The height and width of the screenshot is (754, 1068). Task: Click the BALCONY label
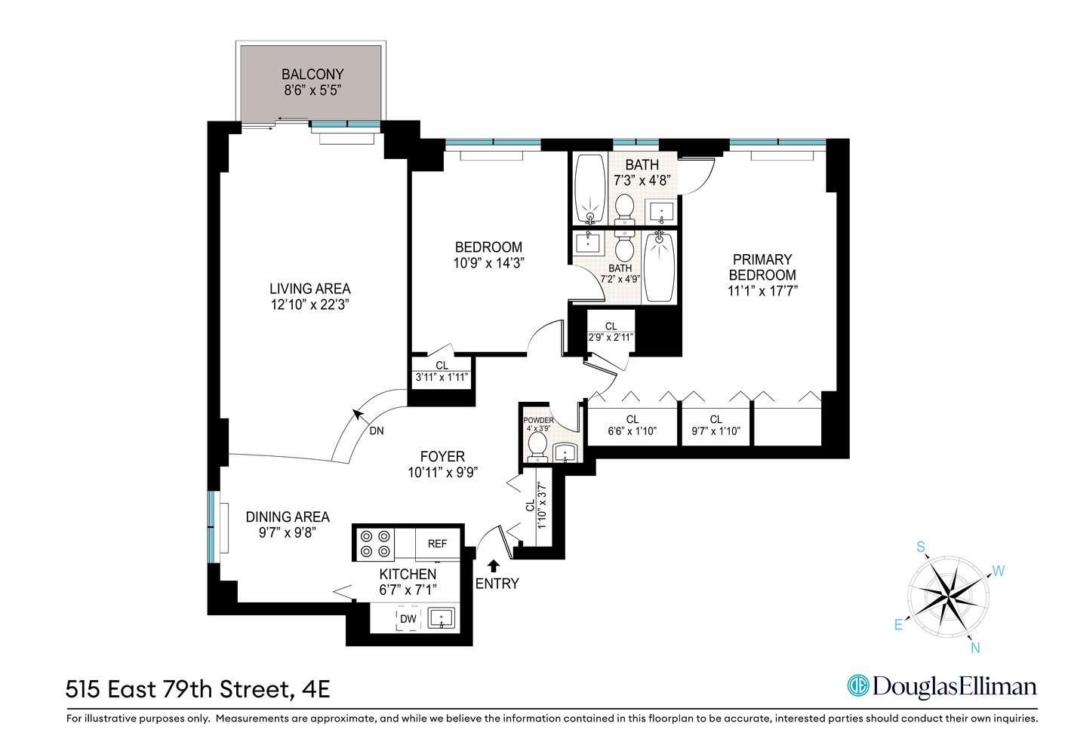pyautogui.click(x=312, y=75)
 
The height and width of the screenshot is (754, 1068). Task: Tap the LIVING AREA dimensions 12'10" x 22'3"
pyautogui.click(x=310, y=305)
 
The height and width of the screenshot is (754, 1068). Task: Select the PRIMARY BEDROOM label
pyautogui.click(x=762, y=267)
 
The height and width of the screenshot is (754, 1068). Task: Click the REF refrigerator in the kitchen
pyautogui.click(x=437, y=544)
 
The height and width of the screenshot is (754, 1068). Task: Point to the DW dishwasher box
pyautogui.click(x=408, y=619)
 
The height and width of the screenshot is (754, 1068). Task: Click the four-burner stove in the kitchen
pyautogui.click(x=375, y=544)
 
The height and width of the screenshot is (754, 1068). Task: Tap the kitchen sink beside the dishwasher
pyautogui.click(x=442, y=619)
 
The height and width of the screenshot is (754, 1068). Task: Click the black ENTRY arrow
pyautogui.click(x=494, y=565)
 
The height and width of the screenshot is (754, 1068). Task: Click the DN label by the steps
pyautogui.click(x=377, y=431)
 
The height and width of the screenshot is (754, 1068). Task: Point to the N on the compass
pyautogui.click(x=975, y=648)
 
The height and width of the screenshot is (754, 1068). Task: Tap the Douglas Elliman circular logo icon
pyautogui.click(x=857, y=685)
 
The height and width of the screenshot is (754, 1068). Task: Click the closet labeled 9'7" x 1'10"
pyautogui.click(x=716, y=425)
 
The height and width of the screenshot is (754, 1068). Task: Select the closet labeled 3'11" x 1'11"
pyautogui.click(x=442, y=372)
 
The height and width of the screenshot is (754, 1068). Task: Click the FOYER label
pyautogui.click(x=442, y=456)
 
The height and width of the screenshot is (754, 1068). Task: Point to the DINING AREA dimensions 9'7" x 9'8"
pyautogui.click(x=287, y=532)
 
